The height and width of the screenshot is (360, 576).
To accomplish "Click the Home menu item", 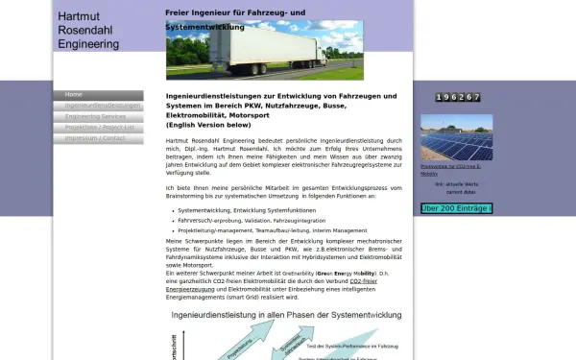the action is tap(74, 95).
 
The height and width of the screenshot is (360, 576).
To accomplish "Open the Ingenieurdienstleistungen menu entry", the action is tap(97, 106).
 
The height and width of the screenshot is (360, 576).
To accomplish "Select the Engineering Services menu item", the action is tap(95, 116).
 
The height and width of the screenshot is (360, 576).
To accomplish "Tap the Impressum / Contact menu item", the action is tap(95, 137).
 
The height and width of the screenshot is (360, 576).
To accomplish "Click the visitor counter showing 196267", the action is tap(457, 98).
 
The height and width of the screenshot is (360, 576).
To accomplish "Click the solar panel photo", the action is tap(457, 139).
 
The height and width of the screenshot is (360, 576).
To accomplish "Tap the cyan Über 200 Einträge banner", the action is tap(456, 208).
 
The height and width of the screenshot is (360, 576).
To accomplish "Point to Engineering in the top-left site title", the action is tap(88, 43).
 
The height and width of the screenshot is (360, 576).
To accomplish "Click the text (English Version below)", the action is tap(208, 125).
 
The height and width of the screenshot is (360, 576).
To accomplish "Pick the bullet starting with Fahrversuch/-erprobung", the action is tap(251, 220).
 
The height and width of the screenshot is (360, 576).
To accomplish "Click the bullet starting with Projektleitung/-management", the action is tap(272, 230).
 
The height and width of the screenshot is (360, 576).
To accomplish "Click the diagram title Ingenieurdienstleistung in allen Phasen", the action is tap(285, 315).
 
